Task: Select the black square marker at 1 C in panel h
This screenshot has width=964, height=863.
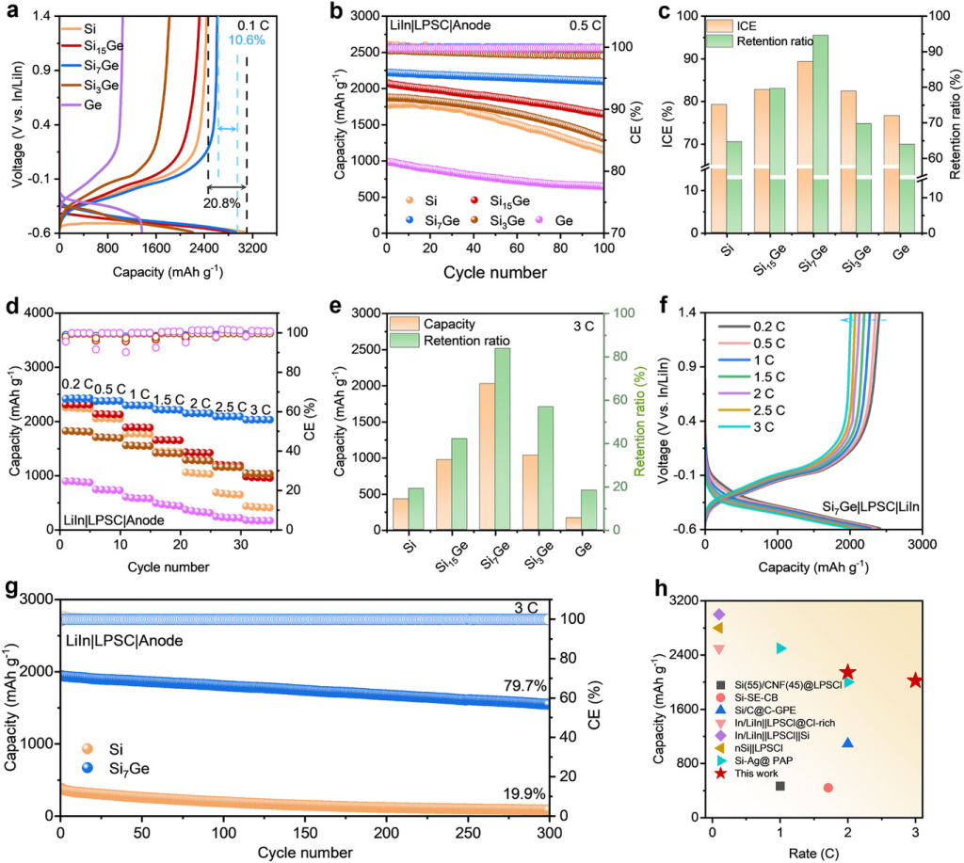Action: tap(779, 786)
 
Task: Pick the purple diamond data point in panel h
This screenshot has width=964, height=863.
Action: tap(719, 615)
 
